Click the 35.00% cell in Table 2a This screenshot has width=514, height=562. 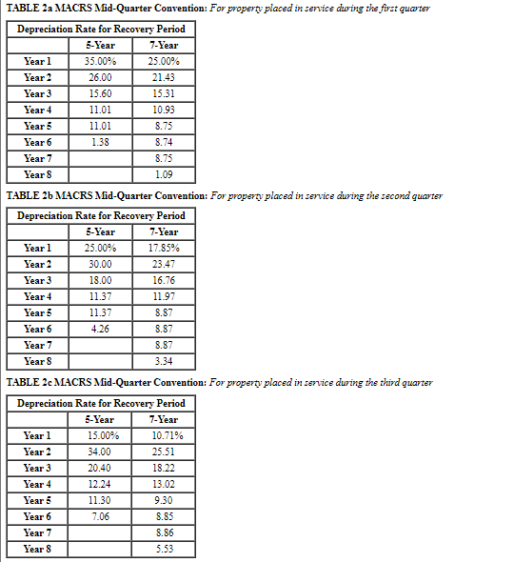pyautogui.click(x=100, y=61)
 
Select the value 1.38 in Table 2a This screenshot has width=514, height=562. pyautogui.click(x=100, y=142)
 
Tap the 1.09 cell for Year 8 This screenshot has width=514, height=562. pyautogui.click(x=165, y=174)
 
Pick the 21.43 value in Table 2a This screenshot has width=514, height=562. pyautogui.click(x=165, y=77)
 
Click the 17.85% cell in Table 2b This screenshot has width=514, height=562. pyautogui.click(x=165, y=248)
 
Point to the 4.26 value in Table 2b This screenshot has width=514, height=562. pyautogui.click(x=100, y=329)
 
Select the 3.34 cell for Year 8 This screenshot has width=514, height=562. pyautogui.click(x=165, y=361)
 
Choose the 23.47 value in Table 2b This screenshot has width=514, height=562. pyautogui.click(x=165, y=264)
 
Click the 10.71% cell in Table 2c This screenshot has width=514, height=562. pyautogui.click(x=165, y=435)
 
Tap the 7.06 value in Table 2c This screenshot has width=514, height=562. pyautogui.click(x=100, y=516)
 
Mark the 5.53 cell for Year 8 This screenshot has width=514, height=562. pyautogui.click(x=165, y=549)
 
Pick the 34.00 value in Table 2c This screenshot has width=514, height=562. pyautogui.click(x=100, y=452)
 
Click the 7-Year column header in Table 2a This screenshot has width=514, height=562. pyautogui.click(x=165, y=45)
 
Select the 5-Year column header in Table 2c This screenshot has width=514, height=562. pyautogui.click(x=100, y=419)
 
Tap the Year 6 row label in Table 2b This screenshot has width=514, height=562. pyautogui.click(x=38, y=329)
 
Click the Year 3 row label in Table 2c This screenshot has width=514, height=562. pyautogui.click(x=38, y=468)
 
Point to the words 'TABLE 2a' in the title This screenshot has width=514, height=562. pyautogui.click(x=30, y=9)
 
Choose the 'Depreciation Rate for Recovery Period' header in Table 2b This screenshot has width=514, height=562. pyautogui.click(x=101, y=215)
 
